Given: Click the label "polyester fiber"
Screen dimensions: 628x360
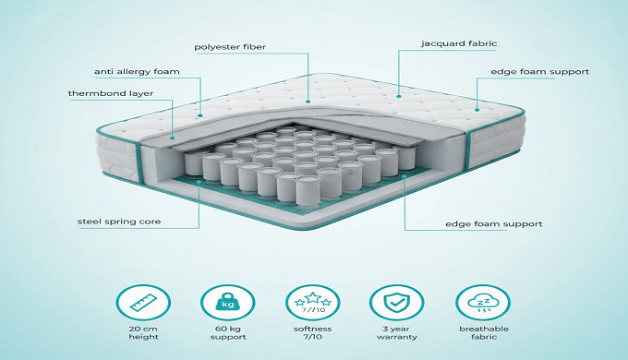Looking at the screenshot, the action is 230,47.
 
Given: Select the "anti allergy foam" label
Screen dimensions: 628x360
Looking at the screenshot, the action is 137,72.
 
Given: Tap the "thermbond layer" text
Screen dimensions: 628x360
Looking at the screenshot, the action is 111,94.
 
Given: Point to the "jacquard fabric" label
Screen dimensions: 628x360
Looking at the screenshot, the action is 459,43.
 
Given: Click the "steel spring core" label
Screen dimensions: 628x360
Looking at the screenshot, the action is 119,222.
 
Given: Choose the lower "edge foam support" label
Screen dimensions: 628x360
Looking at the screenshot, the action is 494,224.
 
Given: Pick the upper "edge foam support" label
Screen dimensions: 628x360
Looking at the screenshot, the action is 540,72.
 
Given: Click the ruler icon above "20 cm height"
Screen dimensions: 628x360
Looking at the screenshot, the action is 143,303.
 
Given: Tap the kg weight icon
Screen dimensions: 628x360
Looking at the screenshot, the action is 227,303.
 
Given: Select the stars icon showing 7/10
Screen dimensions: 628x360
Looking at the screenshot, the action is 313,303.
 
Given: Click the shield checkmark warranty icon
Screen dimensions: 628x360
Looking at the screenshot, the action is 396,303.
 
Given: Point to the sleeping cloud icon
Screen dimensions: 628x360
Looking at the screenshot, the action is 483,303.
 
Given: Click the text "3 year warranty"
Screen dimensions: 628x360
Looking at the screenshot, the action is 396,333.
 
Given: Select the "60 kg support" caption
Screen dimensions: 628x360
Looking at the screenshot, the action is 228,333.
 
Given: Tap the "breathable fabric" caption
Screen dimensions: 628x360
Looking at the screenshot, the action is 484,333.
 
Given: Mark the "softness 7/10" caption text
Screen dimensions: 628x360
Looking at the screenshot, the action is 313,333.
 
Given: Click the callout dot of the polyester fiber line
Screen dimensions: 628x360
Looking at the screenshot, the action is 308,102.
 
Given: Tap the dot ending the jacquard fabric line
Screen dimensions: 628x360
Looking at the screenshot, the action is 399,96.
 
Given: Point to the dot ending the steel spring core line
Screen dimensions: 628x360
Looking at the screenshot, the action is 199,182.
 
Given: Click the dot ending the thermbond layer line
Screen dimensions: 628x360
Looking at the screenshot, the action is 172,138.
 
